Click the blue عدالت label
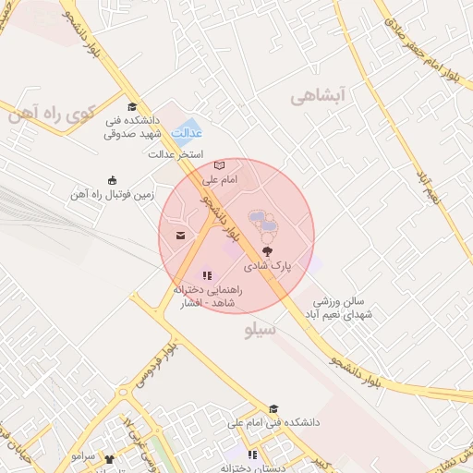pos(188,133)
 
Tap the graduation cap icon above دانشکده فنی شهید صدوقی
pos(131,106)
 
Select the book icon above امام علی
pos(218,165)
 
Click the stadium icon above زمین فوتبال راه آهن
pos(112,179)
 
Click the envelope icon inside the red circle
pos(179,236)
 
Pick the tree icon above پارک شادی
pos(267,250)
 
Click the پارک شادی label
pos(267,265)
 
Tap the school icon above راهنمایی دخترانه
pos(207,274)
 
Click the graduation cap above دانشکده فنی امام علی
pos(273,408)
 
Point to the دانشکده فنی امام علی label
pos(277,422)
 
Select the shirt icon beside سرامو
pos(111,458)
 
